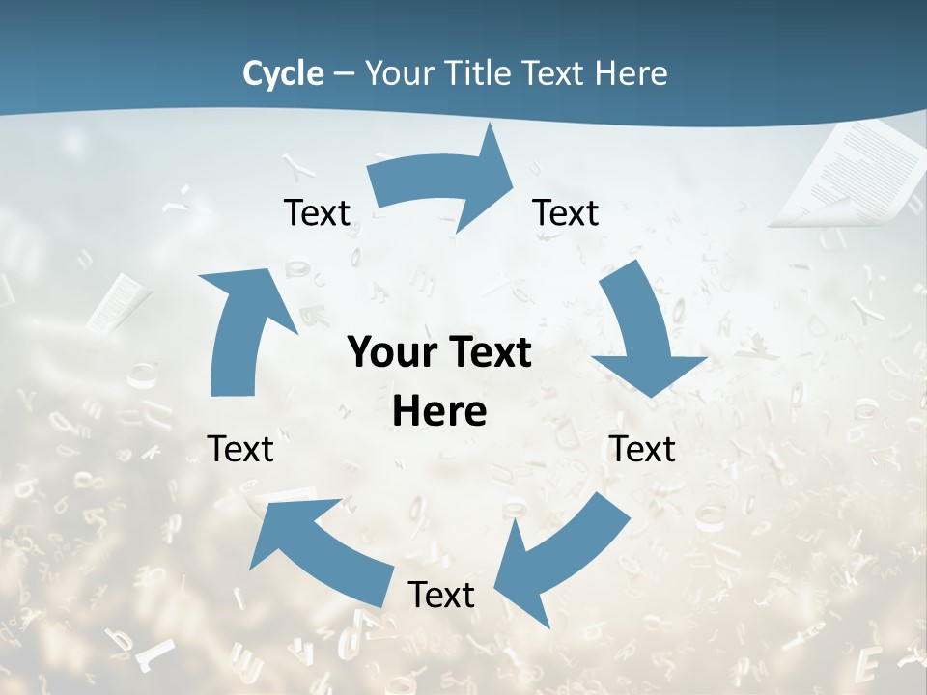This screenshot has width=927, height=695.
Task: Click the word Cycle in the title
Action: pos(283,73)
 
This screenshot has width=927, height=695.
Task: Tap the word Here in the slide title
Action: pos(632,73)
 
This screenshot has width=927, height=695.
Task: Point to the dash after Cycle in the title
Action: pos(344,73)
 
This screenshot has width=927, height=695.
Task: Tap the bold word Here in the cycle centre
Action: pos(439,411)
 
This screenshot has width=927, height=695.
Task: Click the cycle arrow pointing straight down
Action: pos(644,333)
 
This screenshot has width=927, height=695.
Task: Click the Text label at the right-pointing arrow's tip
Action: pos(566,212)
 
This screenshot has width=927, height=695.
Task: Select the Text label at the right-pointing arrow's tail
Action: pos(317,212)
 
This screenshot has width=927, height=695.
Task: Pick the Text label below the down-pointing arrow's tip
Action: pos(642,449)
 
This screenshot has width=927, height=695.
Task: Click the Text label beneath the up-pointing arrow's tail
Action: pos(240,449)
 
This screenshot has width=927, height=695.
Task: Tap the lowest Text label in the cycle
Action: pos(441,595)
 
